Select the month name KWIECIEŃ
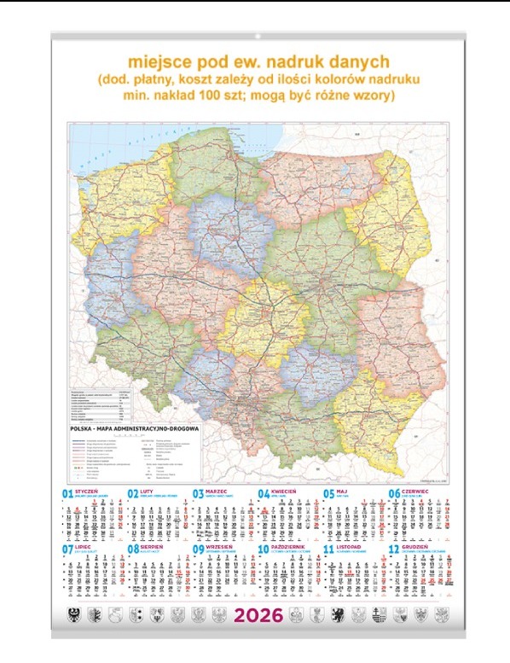(284, 492)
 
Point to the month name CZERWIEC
(418, 492)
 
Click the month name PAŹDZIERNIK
(290, 550)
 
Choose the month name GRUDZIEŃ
(419, 550)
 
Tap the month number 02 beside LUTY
(132, 494)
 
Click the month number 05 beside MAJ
(328, 494)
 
